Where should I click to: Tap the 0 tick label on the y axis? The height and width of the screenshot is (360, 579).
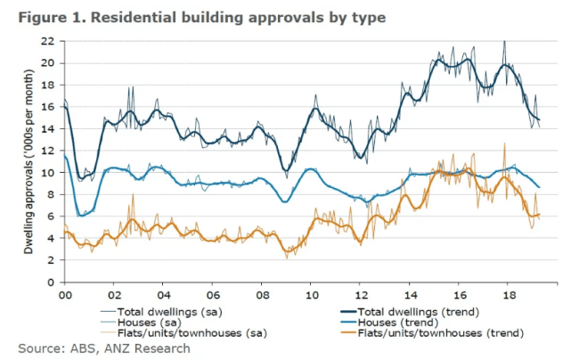[x=52, y=282]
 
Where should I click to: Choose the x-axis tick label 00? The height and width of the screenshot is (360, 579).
[x=64, y=295]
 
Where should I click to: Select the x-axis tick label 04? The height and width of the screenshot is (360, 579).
[x=163, y=295]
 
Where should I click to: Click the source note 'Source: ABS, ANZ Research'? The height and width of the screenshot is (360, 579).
[x=104, y=348]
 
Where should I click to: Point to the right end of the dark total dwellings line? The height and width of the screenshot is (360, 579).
[x=540, y=120]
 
